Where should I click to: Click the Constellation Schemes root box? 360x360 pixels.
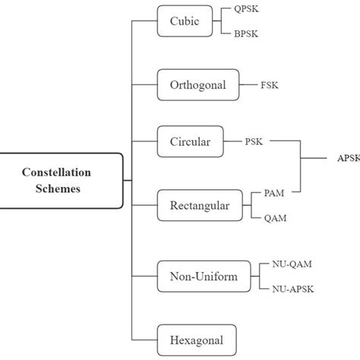(x=61, y=180)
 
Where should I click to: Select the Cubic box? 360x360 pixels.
(x=185, y=21)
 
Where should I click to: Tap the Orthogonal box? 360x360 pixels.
(x=197, y=85)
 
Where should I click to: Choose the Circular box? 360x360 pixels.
(x=190, y=141)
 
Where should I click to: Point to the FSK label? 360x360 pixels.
(x=269, y=85)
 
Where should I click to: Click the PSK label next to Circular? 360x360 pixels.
(x=254, y=141)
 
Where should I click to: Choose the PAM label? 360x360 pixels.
(x=274, y=193)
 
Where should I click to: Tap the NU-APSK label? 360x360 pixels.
(x=293, y=289)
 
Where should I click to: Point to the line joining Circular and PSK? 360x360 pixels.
(x=232, y=141)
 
